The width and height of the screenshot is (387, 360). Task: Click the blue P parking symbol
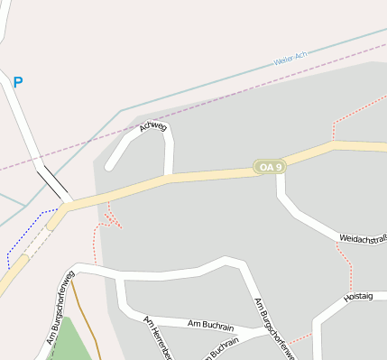click(17, 82)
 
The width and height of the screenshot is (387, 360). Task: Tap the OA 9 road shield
click(270, 167)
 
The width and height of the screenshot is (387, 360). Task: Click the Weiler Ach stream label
click(290, 59)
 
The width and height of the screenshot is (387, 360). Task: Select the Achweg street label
click(153, 127)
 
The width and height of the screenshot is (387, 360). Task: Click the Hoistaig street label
click(359, 296)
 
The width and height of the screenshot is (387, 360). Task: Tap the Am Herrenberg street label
click(157, 337)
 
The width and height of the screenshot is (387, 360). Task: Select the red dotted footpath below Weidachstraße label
click(346, 262)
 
